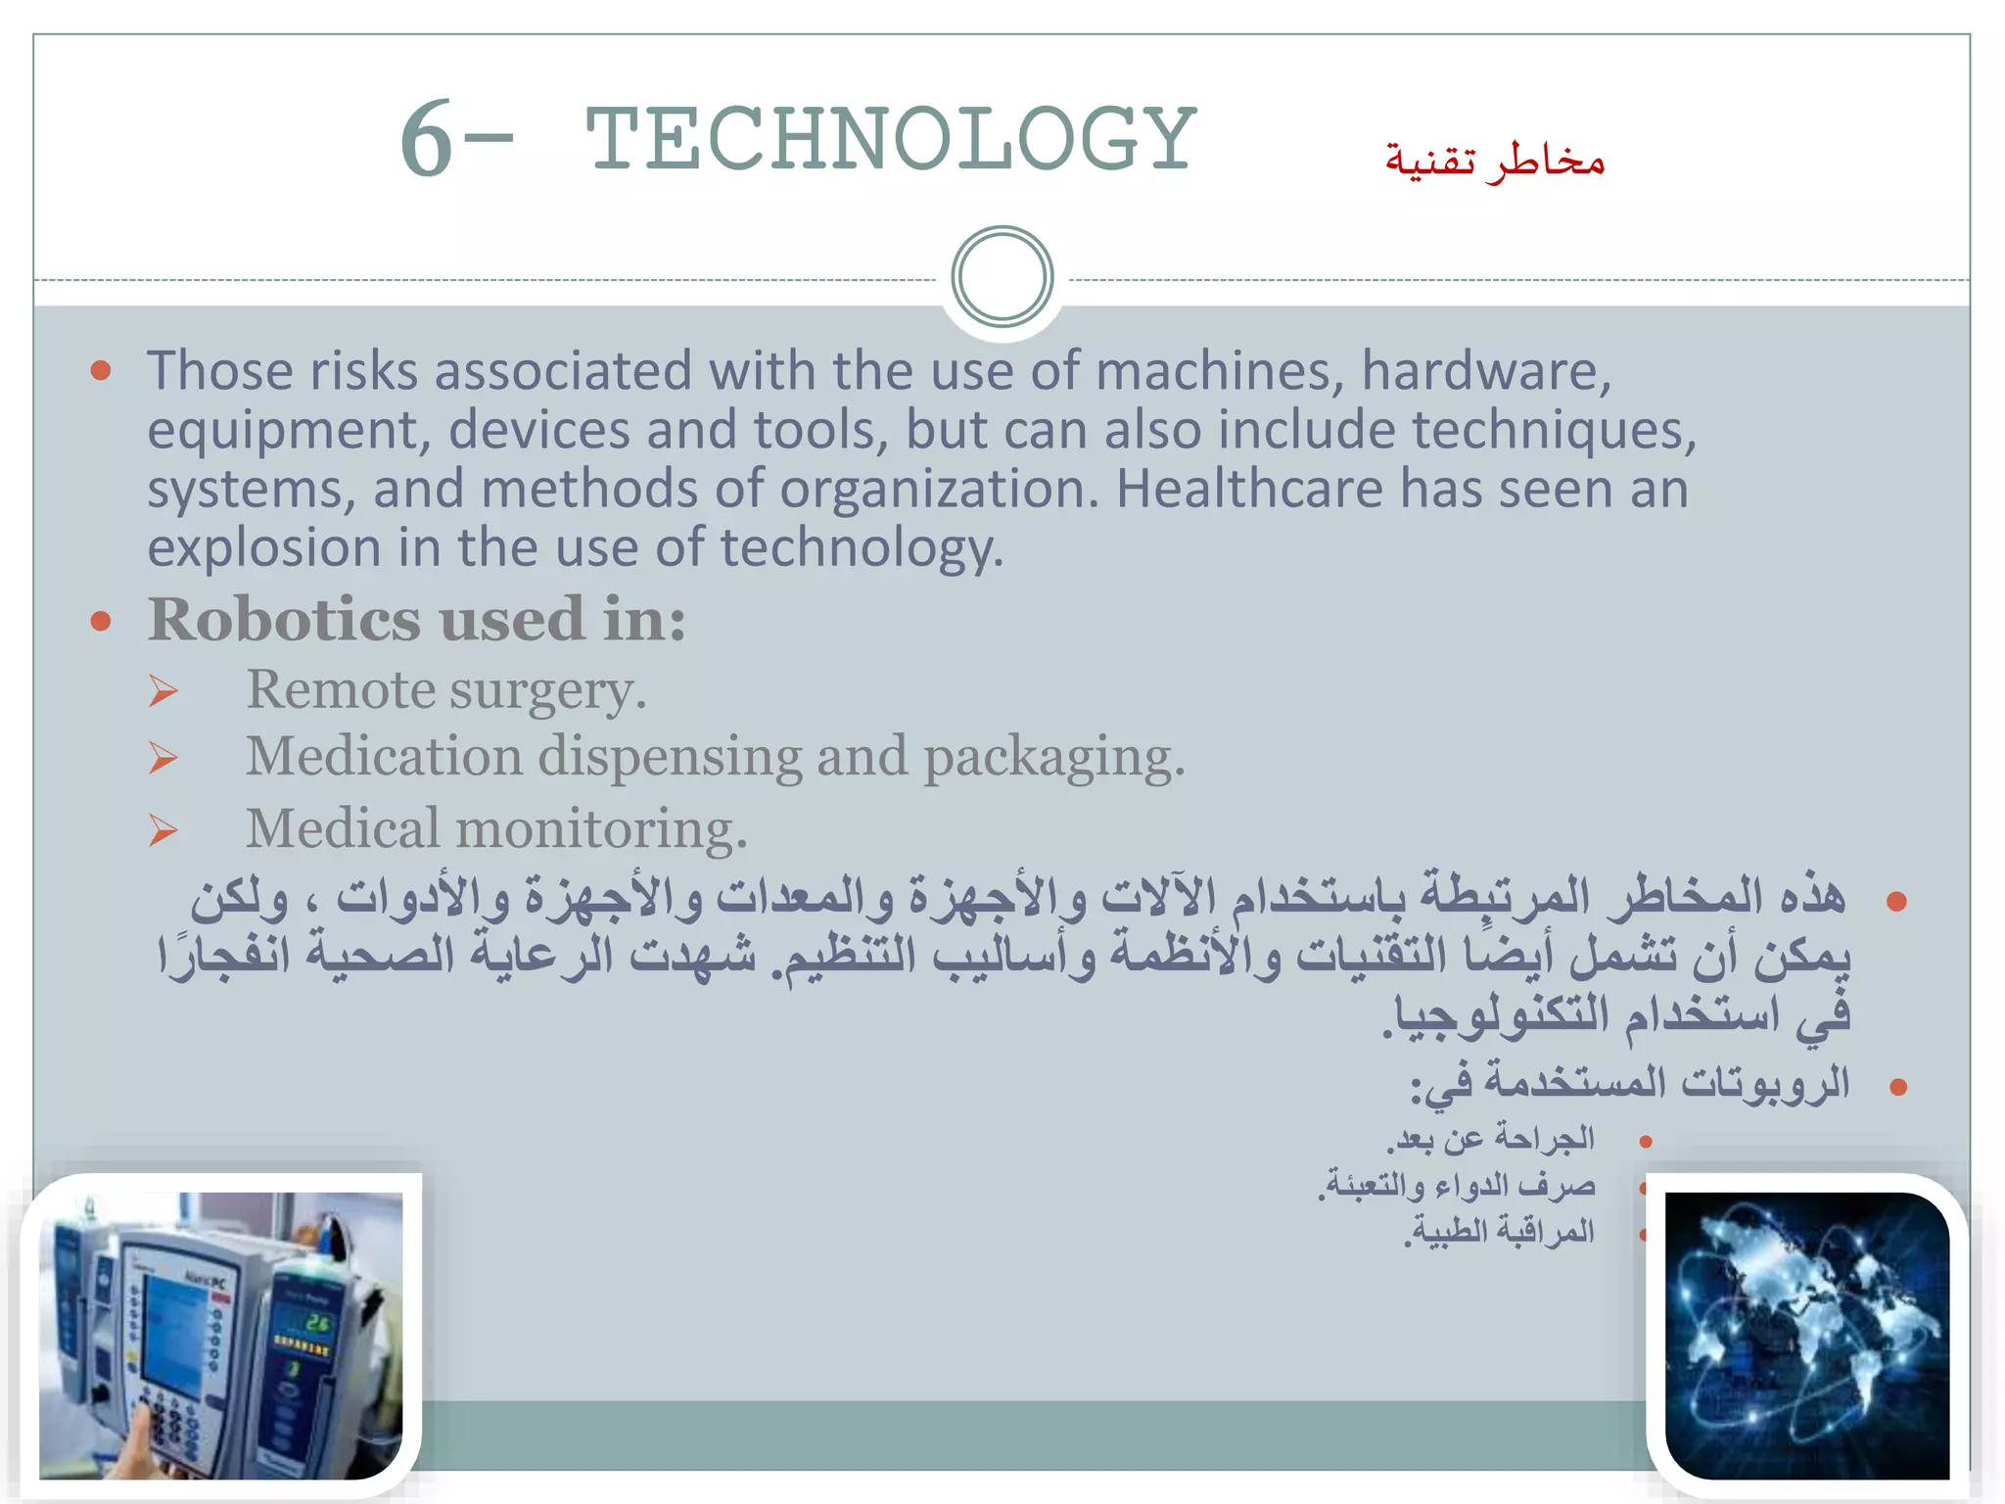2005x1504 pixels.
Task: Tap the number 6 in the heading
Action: click(x=426, y=140)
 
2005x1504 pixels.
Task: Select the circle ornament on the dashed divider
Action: click(x=1002, y=277)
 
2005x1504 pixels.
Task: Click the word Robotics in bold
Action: click(x=284, y=620)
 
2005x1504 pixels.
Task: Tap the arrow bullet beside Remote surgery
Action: click(x=163, y=692)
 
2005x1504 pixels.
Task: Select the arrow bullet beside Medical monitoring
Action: click(x=163, y=831)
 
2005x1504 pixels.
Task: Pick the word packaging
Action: click(x=1053, y=758)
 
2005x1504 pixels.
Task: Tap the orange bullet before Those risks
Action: click(x=100, y=370)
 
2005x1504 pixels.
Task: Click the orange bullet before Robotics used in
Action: click(x=100, y=621)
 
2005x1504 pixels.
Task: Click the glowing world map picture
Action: click(x=1807, y=1335)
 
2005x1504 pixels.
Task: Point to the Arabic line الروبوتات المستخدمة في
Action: click(x=1630, y=1084)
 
